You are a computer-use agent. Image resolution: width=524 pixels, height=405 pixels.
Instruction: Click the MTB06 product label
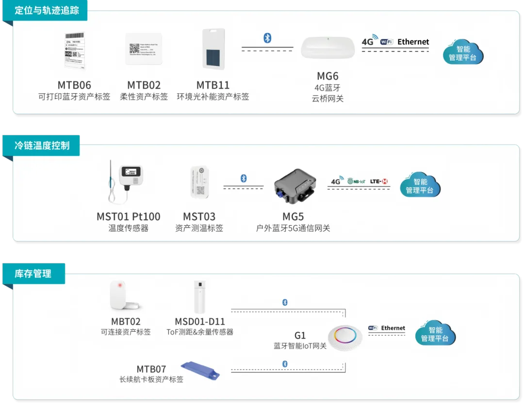tap(74, 85)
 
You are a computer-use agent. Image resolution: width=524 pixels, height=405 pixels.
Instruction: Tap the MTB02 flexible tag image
tap(144, 49)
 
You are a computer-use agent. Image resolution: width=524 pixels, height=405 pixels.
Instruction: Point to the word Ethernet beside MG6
tap(413, 42)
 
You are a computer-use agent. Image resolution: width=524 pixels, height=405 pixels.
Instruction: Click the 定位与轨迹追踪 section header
tap(46, 10)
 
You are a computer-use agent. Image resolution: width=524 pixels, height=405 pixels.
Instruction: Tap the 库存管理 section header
tap(33, 274)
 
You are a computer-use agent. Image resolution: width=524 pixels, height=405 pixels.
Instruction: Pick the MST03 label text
tap(199, 216)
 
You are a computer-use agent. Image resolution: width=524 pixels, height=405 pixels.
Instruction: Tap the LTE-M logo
tap(379, 181)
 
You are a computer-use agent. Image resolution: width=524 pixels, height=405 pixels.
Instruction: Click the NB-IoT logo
tap(356, 181)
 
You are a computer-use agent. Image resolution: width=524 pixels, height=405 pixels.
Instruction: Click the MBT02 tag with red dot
tap(125, 295)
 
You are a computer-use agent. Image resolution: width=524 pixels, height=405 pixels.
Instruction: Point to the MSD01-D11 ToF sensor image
tap(199, 296)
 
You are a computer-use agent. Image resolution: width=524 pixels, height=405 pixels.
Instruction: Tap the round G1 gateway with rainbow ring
tap(345, 337)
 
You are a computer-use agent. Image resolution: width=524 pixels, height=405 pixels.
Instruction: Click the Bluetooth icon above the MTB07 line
tap(285, 364)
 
